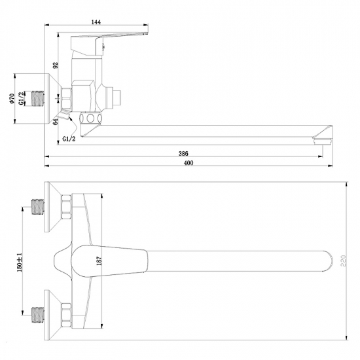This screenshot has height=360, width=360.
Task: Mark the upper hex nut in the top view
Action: click(67, 208)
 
